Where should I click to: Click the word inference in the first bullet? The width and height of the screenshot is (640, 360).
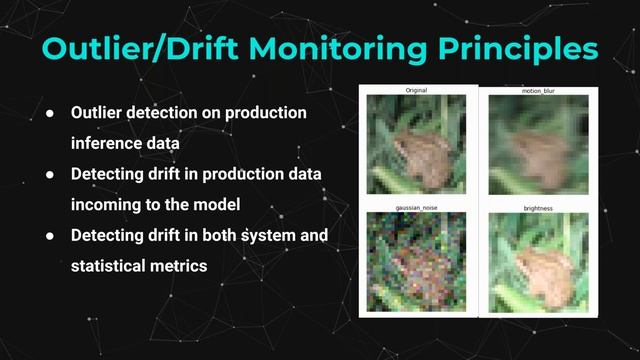108,143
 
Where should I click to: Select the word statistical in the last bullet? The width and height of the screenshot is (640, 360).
112,266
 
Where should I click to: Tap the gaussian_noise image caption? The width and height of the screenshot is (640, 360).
416,209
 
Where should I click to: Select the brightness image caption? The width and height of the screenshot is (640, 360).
537,209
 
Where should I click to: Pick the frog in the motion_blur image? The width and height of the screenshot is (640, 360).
535,150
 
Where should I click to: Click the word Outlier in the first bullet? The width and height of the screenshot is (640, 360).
99,113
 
